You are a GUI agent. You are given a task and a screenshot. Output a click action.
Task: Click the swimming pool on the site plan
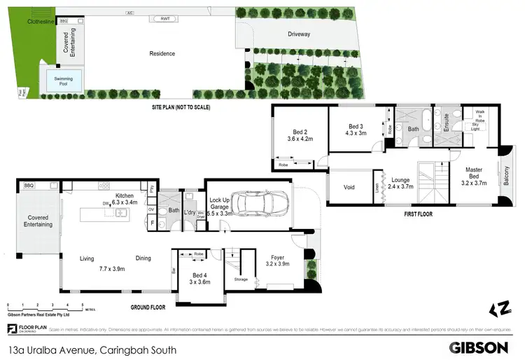[x=64, y=79]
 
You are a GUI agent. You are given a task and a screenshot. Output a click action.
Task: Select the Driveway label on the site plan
[x=298, y=34]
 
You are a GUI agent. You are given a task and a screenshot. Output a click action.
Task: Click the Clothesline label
[x=41, y=22]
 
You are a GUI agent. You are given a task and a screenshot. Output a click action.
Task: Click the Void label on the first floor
[x=349, y=187]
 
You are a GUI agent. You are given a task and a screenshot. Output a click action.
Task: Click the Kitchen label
[x=125, y=196]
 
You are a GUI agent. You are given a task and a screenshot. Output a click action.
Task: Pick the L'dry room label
[x=190, y=212]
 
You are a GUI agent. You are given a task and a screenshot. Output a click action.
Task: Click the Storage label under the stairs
[x=241, y=279]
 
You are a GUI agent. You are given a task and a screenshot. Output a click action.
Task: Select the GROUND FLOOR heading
[x=148, y=307]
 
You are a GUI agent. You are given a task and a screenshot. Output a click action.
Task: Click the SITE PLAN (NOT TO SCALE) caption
[x=181, y=108]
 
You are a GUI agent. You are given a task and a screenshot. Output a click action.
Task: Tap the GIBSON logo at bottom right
[x=479, y=347]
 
